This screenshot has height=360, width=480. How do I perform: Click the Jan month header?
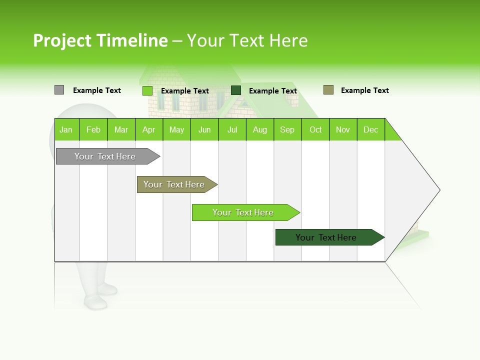[x=66, y=129]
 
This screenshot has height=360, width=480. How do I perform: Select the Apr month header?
[x=148, y=129]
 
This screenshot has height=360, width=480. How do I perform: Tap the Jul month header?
[x=232, y=129]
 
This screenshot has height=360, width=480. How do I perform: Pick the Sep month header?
[x=287, y=129]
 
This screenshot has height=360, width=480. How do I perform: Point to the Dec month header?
[x=370, y=129]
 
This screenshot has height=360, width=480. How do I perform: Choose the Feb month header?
[x=93, y=129]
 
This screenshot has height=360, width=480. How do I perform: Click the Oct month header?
[x=315, y=129]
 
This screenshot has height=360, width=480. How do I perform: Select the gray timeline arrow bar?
[x=105, y=156]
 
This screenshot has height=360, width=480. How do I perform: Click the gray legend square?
[x=59, y=90]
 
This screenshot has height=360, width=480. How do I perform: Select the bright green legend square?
[x=147, y=90]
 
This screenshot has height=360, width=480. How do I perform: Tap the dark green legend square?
[x=236, y=90]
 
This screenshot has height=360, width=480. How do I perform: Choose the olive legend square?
[x=328, y=90]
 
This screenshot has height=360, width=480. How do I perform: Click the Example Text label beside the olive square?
[x=364, y=90]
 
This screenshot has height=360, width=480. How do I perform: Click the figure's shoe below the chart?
[x=95, y=302]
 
